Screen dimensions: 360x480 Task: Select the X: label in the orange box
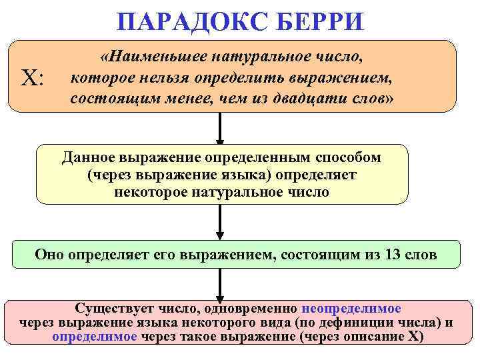click(x=33, y=78)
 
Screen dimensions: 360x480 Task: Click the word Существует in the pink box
click(x=113, y=309)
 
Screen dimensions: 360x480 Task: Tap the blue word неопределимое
click(x=351, y=309)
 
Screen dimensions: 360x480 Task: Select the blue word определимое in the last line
click(x=95, y=336)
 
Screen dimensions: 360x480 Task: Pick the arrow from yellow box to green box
click(x=220, y=222)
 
